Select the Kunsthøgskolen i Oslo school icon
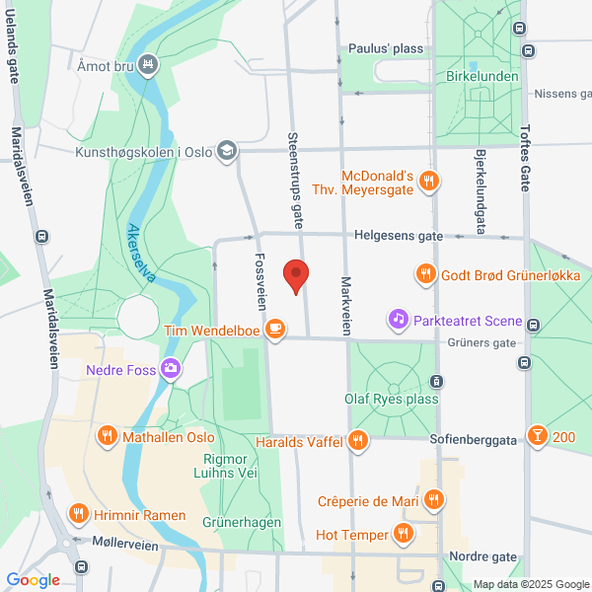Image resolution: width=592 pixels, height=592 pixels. coord(228,151)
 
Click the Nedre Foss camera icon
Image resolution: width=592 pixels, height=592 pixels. coord(172,369)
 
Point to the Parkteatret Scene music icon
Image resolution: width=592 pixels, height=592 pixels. coord(399,318)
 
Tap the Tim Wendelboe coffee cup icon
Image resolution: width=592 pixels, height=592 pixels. coord(275,329)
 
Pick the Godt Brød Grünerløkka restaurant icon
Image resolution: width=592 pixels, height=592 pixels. coord(426,273)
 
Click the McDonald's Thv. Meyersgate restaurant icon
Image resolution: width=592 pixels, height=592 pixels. coord(428,181)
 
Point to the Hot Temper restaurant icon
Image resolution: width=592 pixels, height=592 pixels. coord(403,534)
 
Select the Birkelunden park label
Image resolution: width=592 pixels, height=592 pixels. coord(482,77)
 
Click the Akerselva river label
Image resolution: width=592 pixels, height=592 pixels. coord(141,254)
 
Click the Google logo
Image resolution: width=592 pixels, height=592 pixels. coord(33,580)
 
